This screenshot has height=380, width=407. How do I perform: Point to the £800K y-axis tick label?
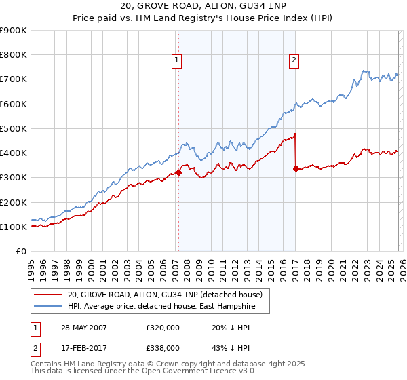pos(14,55)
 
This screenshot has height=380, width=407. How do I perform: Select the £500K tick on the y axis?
pos(14,128)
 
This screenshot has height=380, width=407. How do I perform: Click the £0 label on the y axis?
pos(20,251)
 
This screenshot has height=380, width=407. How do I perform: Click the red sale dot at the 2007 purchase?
pos(178,172)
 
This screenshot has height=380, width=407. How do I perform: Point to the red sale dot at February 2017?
pos(296,168)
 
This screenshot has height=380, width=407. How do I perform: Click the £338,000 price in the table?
pos(163,347)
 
